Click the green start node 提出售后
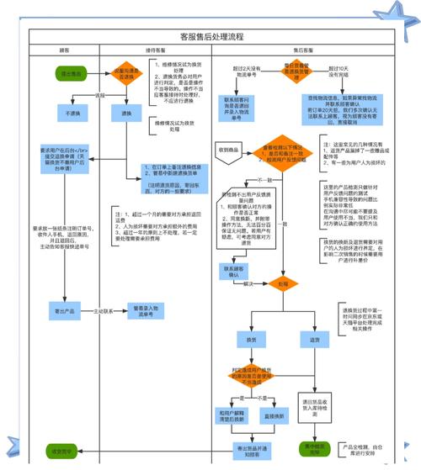tap(70, 73)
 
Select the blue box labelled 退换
tap(126, 112)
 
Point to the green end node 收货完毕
tap(64, 452)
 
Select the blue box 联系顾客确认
tap(233, 271)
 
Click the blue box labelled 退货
tap(313, 339)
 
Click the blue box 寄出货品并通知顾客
tap(251, 452)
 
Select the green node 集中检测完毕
tap(313, 450)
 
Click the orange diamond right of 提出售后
tap(125, 73)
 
